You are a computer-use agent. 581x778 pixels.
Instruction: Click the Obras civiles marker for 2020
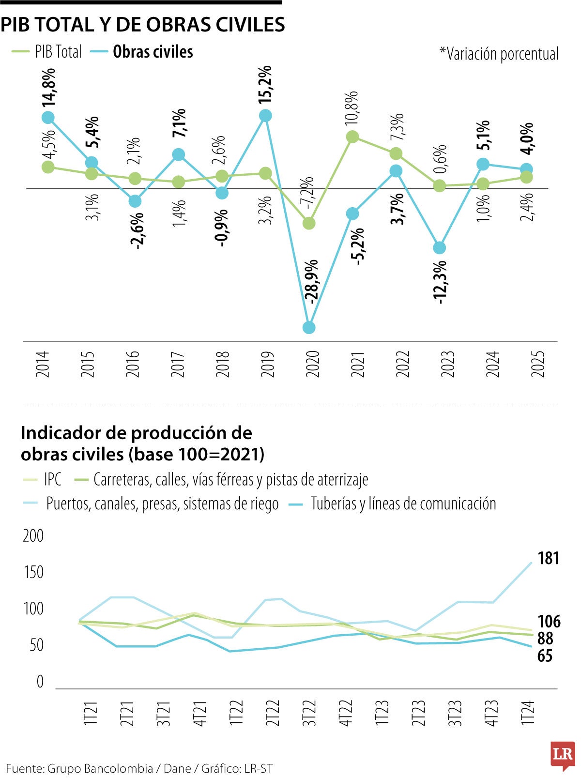(309, 328)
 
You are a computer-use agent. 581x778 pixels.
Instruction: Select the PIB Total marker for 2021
(352, 137)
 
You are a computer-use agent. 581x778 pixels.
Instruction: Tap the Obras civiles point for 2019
(265, 116)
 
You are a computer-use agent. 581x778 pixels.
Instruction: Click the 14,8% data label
(48, 87)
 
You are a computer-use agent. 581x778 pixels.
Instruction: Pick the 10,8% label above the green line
(352, 107)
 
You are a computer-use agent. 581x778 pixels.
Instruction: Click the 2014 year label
(43, 364)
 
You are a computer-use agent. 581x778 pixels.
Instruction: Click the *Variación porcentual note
(499, 54)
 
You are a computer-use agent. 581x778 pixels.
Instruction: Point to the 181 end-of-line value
(548, 558)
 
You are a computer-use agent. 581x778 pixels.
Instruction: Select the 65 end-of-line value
(545, 656)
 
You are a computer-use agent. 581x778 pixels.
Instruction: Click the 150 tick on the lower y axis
(33, 572)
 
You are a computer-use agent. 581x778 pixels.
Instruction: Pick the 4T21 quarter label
(200, 712)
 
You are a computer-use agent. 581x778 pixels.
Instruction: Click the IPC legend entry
(52, 479)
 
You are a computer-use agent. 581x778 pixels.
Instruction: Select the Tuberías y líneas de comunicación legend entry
(403, 503)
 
